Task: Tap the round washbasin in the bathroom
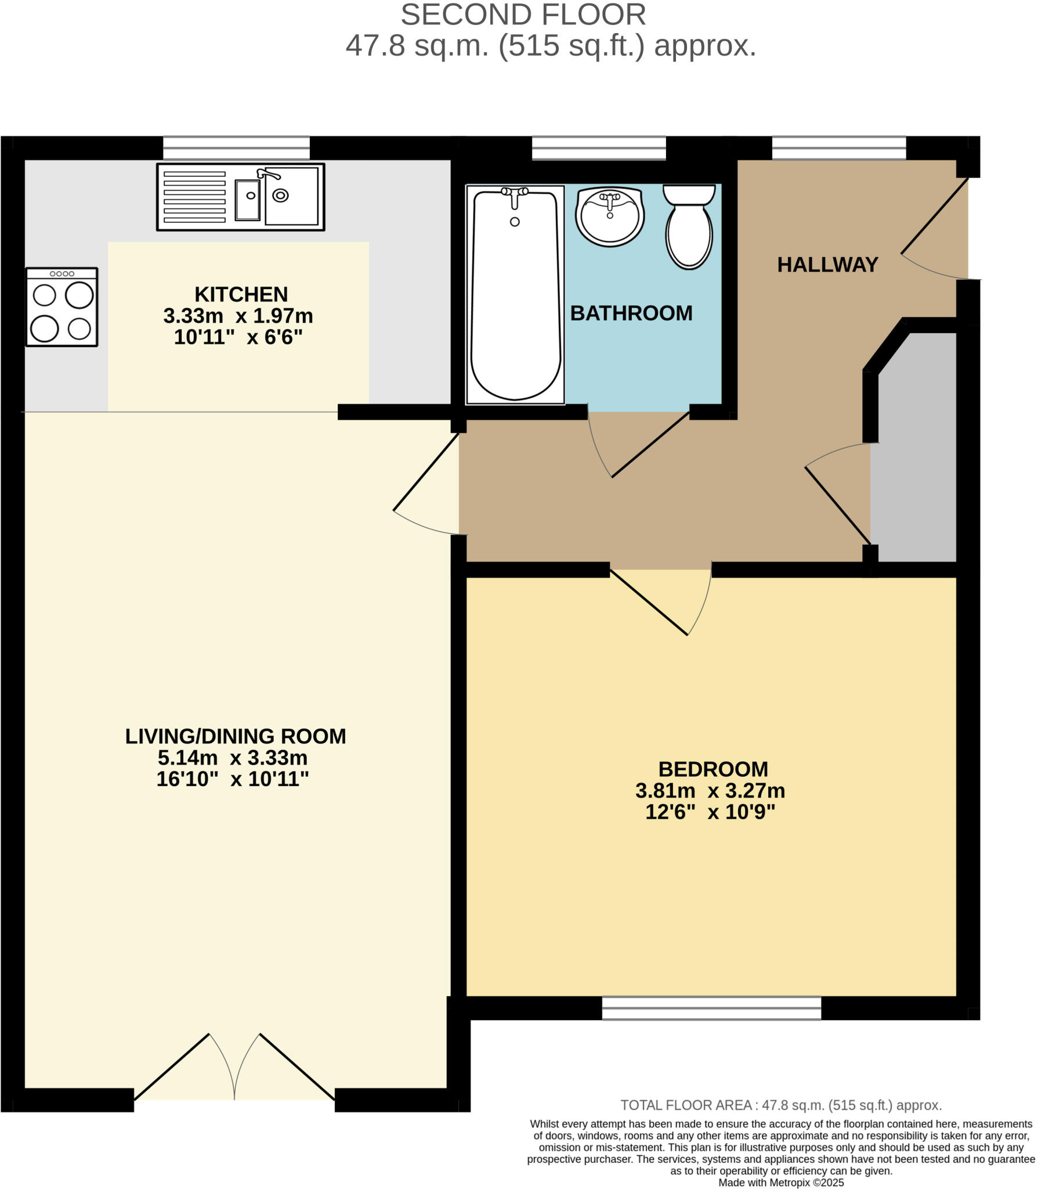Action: [x=609, y=216]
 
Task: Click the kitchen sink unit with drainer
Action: [x=240, y=197]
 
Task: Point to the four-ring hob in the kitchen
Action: [x=62, y=307]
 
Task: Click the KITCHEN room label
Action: [x=241, y=294]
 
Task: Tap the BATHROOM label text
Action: [x=631, y=314]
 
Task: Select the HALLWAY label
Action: [x=827, y=265]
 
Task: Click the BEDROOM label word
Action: [x=713, y=769]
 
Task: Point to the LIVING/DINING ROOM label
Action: [x=236, y=736]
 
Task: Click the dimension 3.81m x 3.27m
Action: [x=710, y=791]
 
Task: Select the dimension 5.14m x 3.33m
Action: [x=233, y=758]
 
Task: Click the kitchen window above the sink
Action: [x=236, y=148]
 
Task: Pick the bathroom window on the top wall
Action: [x=599, y=148]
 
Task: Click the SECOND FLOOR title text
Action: [x=523, y=15]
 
